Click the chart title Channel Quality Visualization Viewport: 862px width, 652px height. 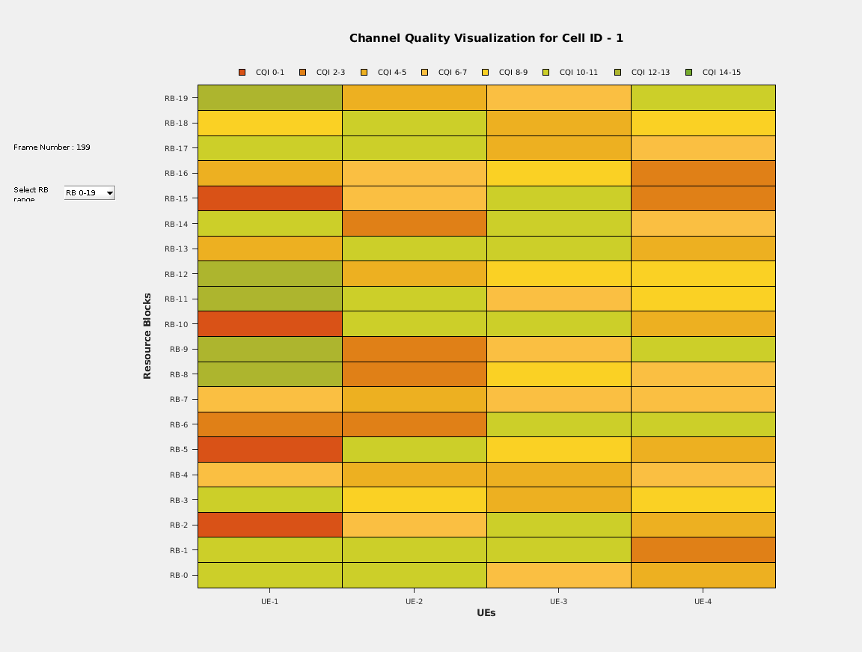click(486, 38)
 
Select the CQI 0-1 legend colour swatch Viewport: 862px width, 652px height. click(242, 73)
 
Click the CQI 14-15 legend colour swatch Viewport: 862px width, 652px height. click(688, 73)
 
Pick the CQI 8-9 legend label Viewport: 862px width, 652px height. click(513, 73)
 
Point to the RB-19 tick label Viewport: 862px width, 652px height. click(178, 98)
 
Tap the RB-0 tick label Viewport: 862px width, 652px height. click(180, 576)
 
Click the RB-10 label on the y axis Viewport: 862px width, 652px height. click(178, 324)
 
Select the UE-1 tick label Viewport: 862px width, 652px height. click(269, 601)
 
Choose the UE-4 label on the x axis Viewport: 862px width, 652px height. click(703, 601)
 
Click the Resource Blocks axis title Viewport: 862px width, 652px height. click(147, 336)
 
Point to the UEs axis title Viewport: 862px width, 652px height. click(486, 613)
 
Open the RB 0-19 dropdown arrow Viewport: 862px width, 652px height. click(109, 193)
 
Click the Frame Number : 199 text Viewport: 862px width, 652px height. click(52, 147)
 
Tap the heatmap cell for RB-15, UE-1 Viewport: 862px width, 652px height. click(269, 198)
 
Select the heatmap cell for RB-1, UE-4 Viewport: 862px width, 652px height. click(703, 550)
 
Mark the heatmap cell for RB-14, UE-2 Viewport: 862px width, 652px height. click(414, 224)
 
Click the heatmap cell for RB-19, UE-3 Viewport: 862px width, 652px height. click(558, 98)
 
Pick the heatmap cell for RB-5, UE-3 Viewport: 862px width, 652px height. click(558, 450)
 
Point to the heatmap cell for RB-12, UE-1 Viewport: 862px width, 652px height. click(269, 274)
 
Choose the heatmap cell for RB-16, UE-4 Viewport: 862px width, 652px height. click(703, 174)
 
